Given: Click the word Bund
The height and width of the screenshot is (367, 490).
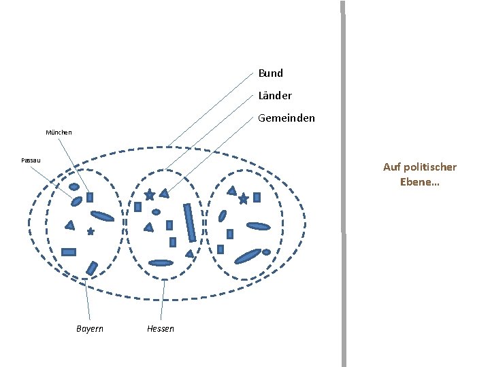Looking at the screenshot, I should tap(271, 73).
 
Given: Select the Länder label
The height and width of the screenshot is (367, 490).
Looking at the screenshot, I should tap(275, 96).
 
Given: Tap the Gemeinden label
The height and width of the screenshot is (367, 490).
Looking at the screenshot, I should tap(287, 118).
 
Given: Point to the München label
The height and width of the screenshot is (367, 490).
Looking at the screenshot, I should tap(59, 133).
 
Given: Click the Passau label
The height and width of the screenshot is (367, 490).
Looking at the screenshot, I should tap(31, 160).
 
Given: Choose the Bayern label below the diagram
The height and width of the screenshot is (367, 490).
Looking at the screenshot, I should tap(90, 329).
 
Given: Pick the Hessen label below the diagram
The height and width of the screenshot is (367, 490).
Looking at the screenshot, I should tap(161, 329).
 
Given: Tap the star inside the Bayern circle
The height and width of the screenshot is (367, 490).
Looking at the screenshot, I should tap(91, 232).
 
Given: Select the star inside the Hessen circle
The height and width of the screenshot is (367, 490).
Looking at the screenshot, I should tap(149, 195).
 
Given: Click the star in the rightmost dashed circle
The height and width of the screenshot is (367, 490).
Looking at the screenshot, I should tap(243, 199).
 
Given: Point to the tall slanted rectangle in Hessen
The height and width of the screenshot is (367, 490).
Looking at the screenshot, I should tap(190, 222).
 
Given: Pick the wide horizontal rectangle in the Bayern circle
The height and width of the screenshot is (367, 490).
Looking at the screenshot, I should tap(69, 251).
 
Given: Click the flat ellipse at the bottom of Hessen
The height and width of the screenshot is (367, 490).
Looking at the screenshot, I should tap(161, 263).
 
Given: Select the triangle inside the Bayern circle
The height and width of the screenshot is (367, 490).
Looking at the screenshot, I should tap(69, 225).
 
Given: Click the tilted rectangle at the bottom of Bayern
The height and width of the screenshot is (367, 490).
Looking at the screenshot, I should tap(92, 268).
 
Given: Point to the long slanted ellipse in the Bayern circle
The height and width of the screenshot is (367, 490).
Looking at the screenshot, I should tap(102, 217).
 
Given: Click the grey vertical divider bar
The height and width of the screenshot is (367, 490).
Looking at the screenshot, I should tap(343, 183).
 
